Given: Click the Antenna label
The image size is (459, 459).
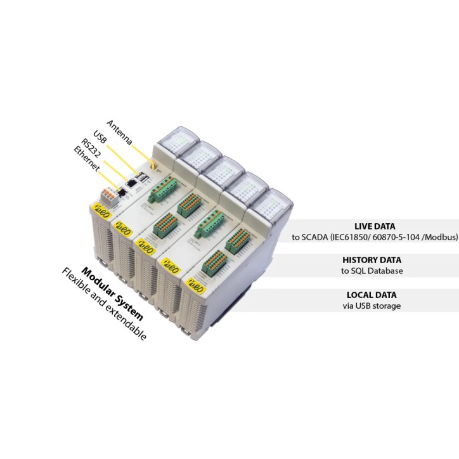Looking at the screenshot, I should (119, 133).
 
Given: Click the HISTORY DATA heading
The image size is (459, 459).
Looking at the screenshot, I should (372, 260).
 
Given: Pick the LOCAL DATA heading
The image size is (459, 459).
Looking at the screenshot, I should (372, 295).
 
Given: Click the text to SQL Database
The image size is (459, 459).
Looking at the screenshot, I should (372, 271).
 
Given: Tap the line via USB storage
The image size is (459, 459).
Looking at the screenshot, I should (372, 306).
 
